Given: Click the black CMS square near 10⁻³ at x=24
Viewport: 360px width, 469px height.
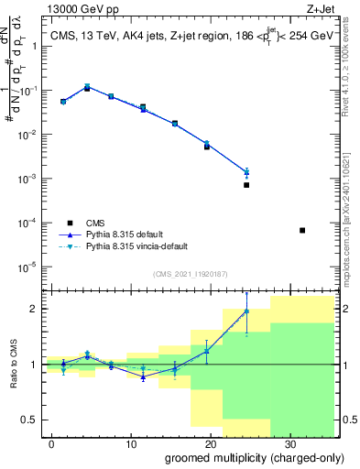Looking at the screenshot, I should click(x=246, y=185).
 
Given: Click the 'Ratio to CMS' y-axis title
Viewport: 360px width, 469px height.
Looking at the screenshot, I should click(x=14, y=364).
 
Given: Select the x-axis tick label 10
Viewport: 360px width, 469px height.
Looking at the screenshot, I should click(x=131, y=443).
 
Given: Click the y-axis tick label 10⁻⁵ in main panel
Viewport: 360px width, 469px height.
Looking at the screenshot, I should click(x=31, y=267).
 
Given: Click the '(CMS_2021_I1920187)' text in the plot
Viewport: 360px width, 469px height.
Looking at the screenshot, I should click(x=190, y=274).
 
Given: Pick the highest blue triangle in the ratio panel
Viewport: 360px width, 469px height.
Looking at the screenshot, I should click(x=246, y=311).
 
